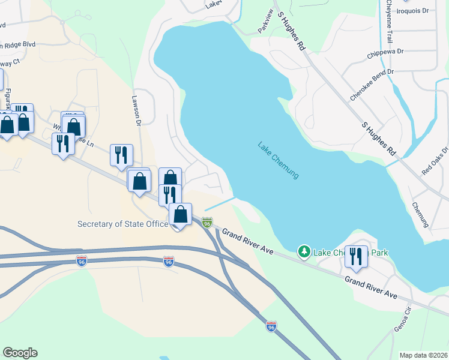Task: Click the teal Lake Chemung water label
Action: tap(278, 160)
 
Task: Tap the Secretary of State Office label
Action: tap(122, 224)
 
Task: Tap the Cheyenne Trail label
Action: tap(388, 22)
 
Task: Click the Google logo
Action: tap(20, 353)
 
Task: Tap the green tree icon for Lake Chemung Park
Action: tap(305, 251)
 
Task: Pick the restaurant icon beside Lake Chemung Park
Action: tap(356, 257)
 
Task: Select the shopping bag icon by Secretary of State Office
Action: tap(180, 214)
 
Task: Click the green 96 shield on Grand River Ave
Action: tap(207, 223)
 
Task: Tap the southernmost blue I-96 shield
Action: tap(271, 326)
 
